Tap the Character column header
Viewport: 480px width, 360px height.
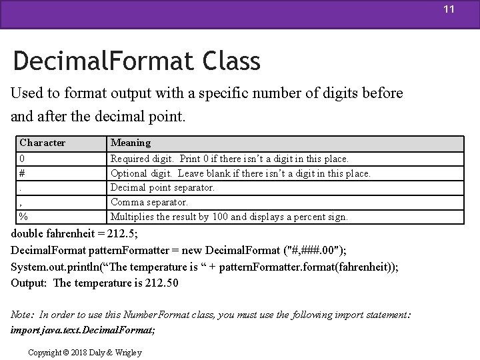pos(43,143)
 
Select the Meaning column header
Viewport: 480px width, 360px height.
pos(131,143)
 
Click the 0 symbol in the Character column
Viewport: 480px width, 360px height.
pos(23,159)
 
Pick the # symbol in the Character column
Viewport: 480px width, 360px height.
pos(23,173)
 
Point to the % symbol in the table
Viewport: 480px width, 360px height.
pos(23,217)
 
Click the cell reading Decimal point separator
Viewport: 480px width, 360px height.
pos(163,187)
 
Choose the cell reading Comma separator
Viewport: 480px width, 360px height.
pos(149,202)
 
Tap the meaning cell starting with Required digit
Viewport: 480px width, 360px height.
pos(229,159)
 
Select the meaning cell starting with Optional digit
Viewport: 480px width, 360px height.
pos(241,173)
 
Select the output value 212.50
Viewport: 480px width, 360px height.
pos(161,283)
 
